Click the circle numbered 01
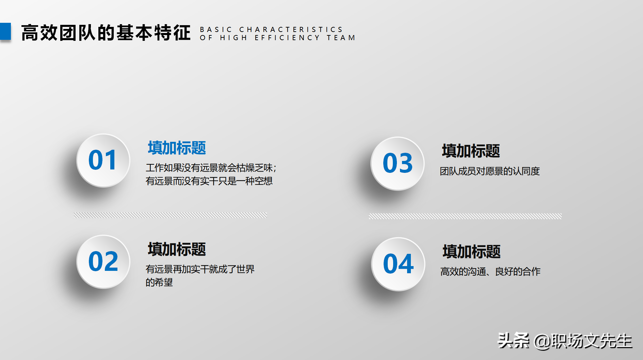(x=103, y=160)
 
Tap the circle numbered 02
(x=103, y=262)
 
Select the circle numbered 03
(x=397, y=163)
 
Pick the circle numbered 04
(x=398, y=264)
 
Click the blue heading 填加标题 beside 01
(x=177, y=148)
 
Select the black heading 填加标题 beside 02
(x=177, y=249)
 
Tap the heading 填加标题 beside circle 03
(x=471, y=151)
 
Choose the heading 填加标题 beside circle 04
(x=471, y=252)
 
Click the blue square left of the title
(x=5, y=31)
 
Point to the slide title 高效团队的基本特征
(x=106, y=33)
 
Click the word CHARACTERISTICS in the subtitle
(x=291, y=30)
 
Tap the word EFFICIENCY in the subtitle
(x=287, y=38)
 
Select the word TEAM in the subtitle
(x=341, y=38)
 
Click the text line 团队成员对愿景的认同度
(x=489, y=171)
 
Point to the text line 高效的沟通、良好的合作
(x=490, y=272)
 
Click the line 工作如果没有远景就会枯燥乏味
(x=211, y=168)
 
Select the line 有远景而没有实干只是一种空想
(x=209, y=181)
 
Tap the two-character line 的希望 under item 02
(x=159, y=282)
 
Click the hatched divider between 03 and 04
(x=465, y=216)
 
